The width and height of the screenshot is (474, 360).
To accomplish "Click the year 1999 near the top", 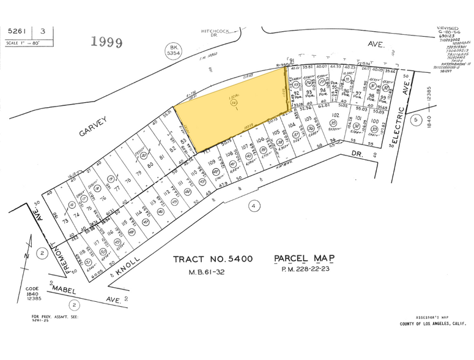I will point(106,42).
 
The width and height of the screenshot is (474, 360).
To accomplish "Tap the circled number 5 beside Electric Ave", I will point(415,119).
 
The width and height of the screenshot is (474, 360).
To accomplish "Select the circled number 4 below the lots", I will point(253,206).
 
